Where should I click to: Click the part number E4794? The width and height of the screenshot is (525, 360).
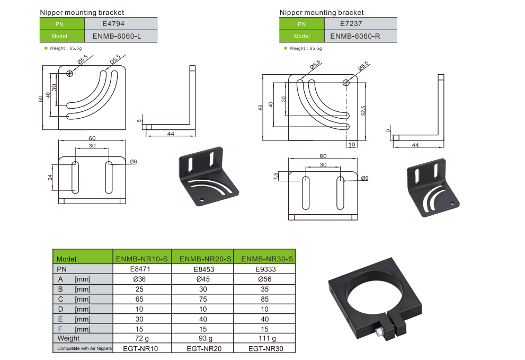pyautogui.click(x=113, y=23)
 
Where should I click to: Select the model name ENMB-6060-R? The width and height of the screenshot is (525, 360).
pyautogui.click(x=355, y=37)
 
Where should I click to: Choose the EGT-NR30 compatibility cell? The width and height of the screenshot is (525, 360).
pyautogui.click(x=265, y=348)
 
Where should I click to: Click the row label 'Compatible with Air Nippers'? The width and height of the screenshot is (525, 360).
pyautogui.click(x=82, y=348)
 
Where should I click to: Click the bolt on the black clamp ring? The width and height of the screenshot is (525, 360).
pyautogui.click(x=380, y=332)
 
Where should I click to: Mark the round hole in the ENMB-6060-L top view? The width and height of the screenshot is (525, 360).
pyautogui.click(x=70, y=74)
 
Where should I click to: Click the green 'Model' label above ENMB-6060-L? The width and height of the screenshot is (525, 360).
pyautogui.click(x=62, y=37)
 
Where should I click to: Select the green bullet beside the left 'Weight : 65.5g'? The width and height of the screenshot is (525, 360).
pyautogui.click(x=46, y=48)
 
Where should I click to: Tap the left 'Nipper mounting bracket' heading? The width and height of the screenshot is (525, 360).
pyautogui.click(x=82, y=12)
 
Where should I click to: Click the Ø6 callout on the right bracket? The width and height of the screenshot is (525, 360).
pyautogui.click(x=364, y=178)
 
